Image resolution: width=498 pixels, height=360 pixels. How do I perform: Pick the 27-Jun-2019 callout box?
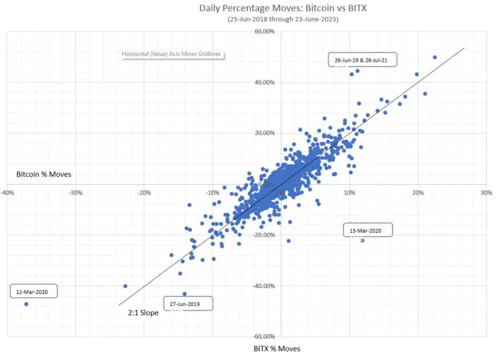[x=188, y=303]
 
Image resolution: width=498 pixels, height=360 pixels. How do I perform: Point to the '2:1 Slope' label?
[x=143, y=313]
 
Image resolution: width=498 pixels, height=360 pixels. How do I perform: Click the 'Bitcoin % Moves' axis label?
[x=43, y=174]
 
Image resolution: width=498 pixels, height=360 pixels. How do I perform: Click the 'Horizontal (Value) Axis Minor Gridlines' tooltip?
[x=173, y=54]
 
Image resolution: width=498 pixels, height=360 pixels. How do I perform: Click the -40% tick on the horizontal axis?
[x=8, y=193]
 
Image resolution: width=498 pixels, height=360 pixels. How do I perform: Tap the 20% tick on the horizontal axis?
[x=418, y=193]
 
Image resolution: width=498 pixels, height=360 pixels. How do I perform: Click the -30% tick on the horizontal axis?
[x=76, y=193]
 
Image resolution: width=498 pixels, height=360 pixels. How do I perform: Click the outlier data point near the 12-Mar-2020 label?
[x=26, y=304]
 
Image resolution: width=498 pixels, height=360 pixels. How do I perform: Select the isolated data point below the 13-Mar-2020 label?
[x=362, y=240]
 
